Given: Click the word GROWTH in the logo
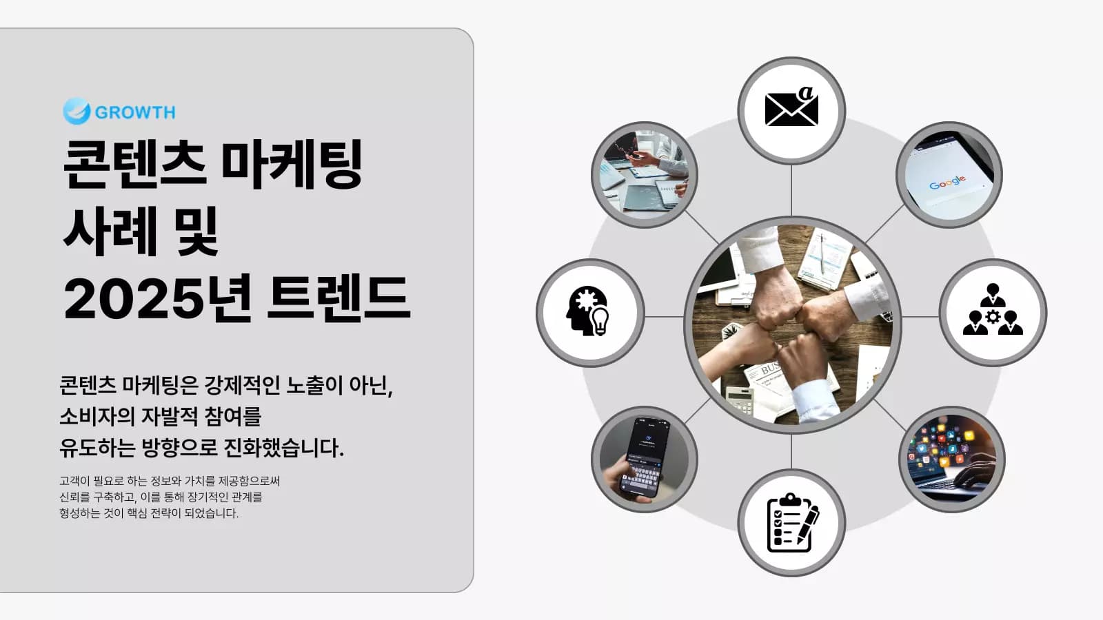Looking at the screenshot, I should click(x=135, y=112).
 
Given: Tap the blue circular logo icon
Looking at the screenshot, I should click(x=77, y=111).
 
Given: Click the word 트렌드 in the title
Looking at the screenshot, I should click(x=338, y=299).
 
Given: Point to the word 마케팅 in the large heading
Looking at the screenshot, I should click(x=292, y=165).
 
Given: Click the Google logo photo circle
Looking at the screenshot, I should click(x=949, y=176).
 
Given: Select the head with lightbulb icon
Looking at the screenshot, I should click(x=590, y=313).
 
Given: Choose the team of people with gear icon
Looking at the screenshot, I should click(x=993, y=313).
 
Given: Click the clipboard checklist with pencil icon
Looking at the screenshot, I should click(x=791, y=522).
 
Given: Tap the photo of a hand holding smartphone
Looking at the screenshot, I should click(x=645, y=458).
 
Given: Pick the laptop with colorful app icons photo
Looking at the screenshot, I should click(x=952, y=459).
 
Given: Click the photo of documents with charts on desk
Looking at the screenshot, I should click(x=645, y=175).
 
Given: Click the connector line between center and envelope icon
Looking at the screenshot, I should click(x=791, y=190).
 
